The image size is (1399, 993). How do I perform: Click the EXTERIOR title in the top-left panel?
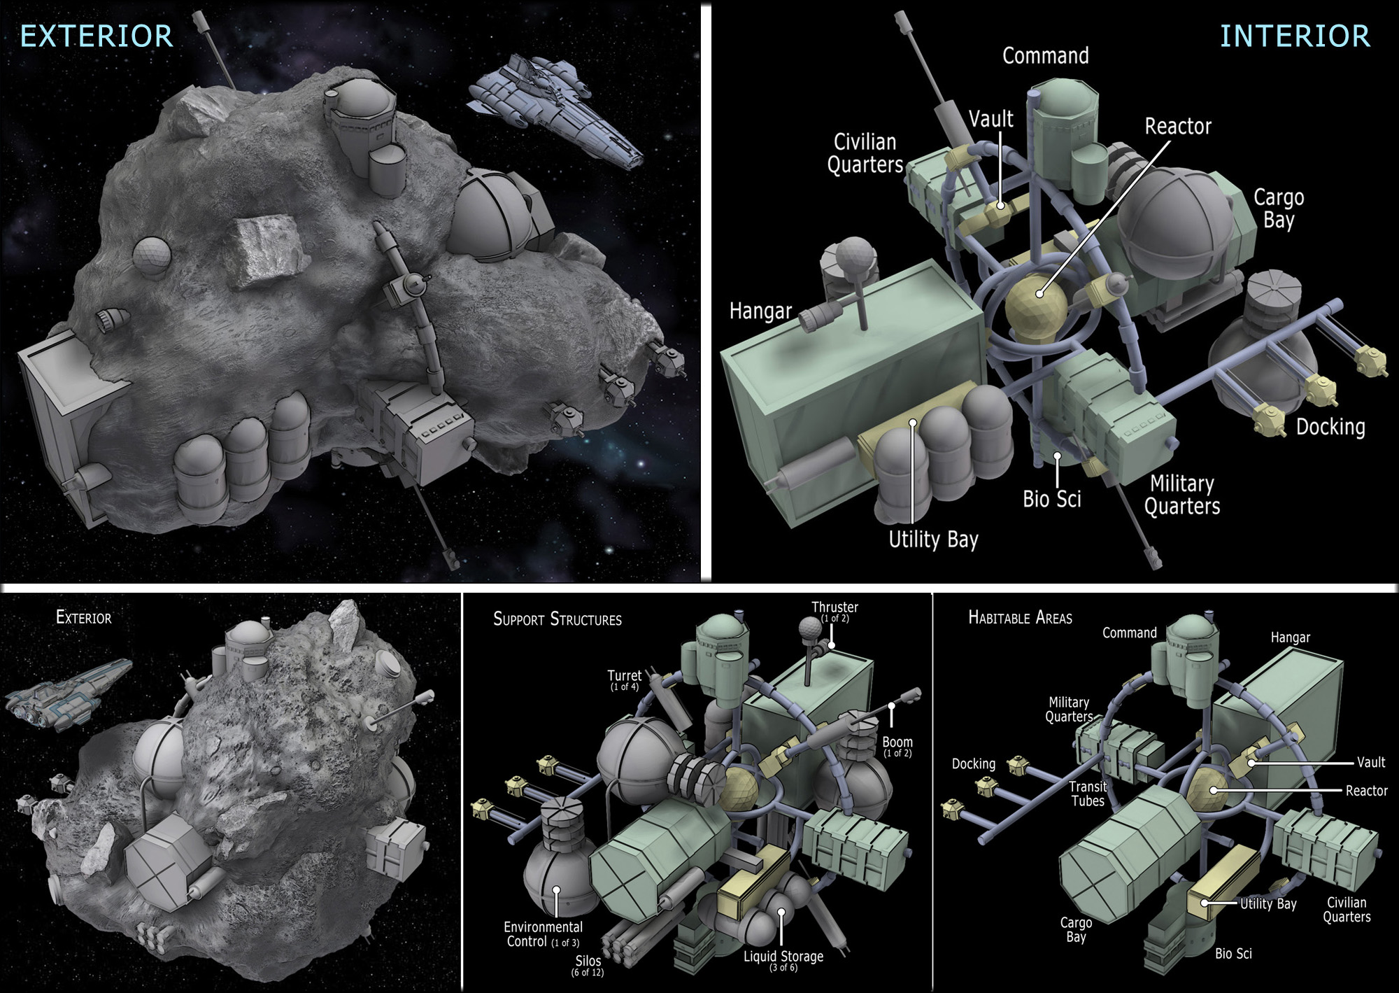tap(97, 36)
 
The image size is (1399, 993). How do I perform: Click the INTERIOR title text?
tap(1295, 36)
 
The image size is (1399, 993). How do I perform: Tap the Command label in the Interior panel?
tap(1046, 56)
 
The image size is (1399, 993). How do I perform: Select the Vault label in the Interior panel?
tap(991, 119)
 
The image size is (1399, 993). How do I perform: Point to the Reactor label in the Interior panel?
tap(1178, 127)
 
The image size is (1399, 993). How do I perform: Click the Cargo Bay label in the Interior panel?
tap(1279, 209)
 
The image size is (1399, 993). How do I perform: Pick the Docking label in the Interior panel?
tap(1330, 427)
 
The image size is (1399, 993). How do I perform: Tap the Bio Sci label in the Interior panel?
tap(1052, 499)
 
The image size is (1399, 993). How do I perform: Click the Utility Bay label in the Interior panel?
tap(933, 540)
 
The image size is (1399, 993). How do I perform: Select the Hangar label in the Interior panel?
tap(760, 311)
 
